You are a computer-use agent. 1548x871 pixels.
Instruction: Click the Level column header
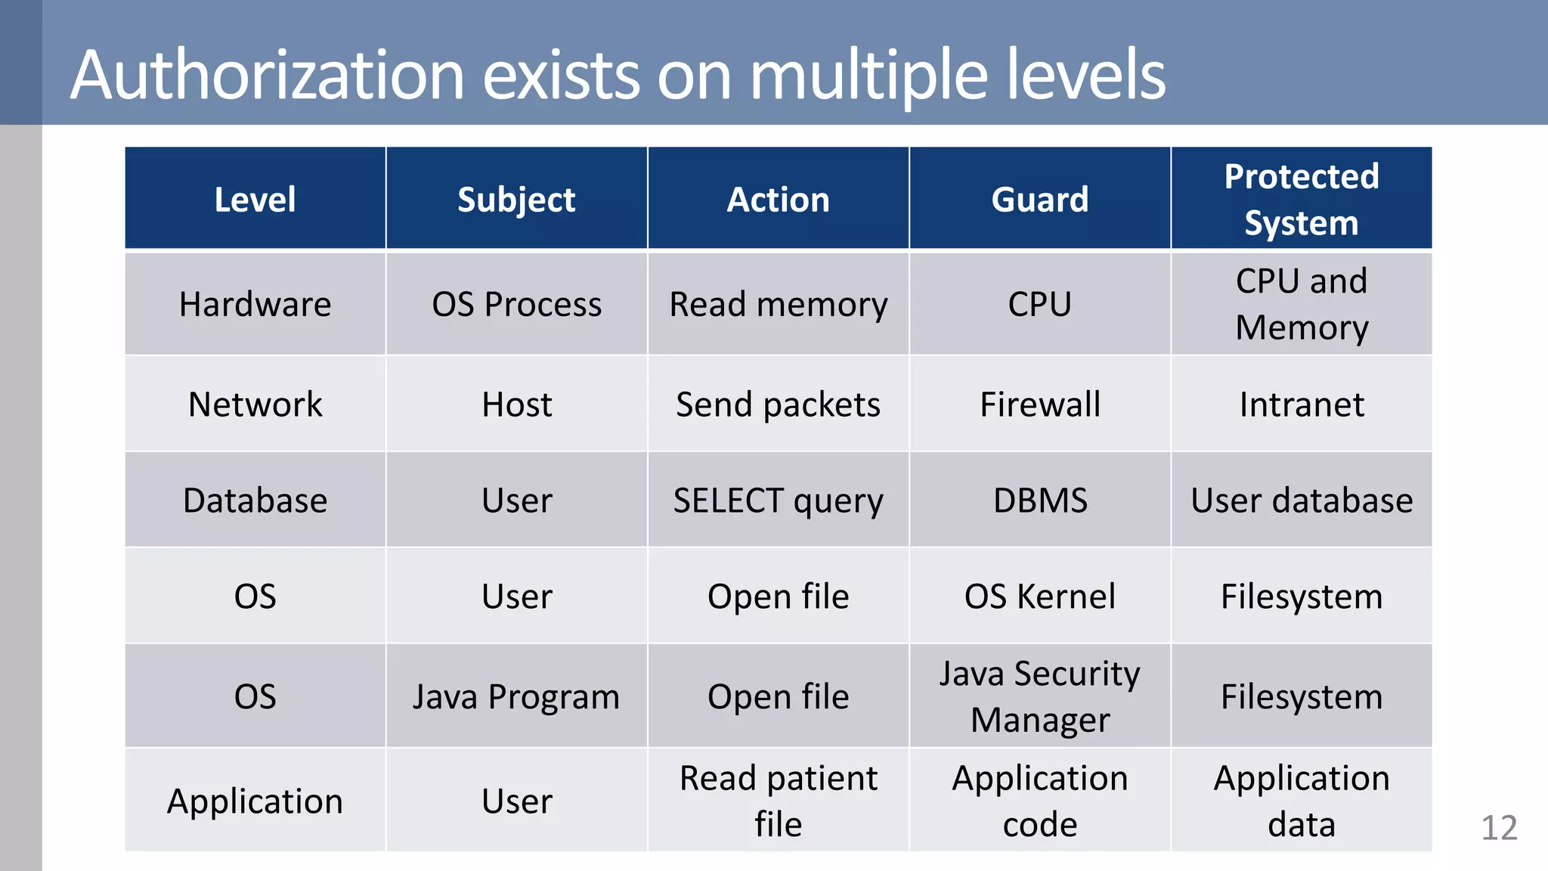(x=255, y=200)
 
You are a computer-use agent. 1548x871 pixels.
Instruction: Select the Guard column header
(x=1039, y=200)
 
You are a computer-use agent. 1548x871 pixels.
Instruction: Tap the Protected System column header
(x=1301, y=200)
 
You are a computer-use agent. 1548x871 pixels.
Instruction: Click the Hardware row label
(x=255, y=305)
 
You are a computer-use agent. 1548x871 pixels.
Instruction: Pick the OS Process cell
(x=516, y=305)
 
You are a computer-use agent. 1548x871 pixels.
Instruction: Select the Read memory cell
(x=778, y=305)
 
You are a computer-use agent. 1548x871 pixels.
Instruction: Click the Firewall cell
(x=1039, y=405)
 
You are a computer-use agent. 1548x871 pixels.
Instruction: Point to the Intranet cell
(x=1301, y=405)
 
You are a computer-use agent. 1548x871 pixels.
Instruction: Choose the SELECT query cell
(x=778, y=501)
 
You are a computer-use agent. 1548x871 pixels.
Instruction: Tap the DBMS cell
(x=1039, y=501)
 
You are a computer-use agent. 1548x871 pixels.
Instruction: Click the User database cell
(x=1301, y=501)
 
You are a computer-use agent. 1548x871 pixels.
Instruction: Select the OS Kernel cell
(x=1039, y=597)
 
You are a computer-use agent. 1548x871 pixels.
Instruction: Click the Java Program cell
(x=516, y=696)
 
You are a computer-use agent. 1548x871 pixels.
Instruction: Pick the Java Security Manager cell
(x=1039, y=696)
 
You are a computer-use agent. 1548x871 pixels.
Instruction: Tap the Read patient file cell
(x=778, y=801)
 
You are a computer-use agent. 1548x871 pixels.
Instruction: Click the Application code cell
(x=1039, y=801)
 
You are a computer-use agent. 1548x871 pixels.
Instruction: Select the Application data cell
(x=1301, y=801)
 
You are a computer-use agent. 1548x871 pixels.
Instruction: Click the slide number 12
(x=1499, y=828)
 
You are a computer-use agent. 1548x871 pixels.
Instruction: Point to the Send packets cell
(x=778, y=405)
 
